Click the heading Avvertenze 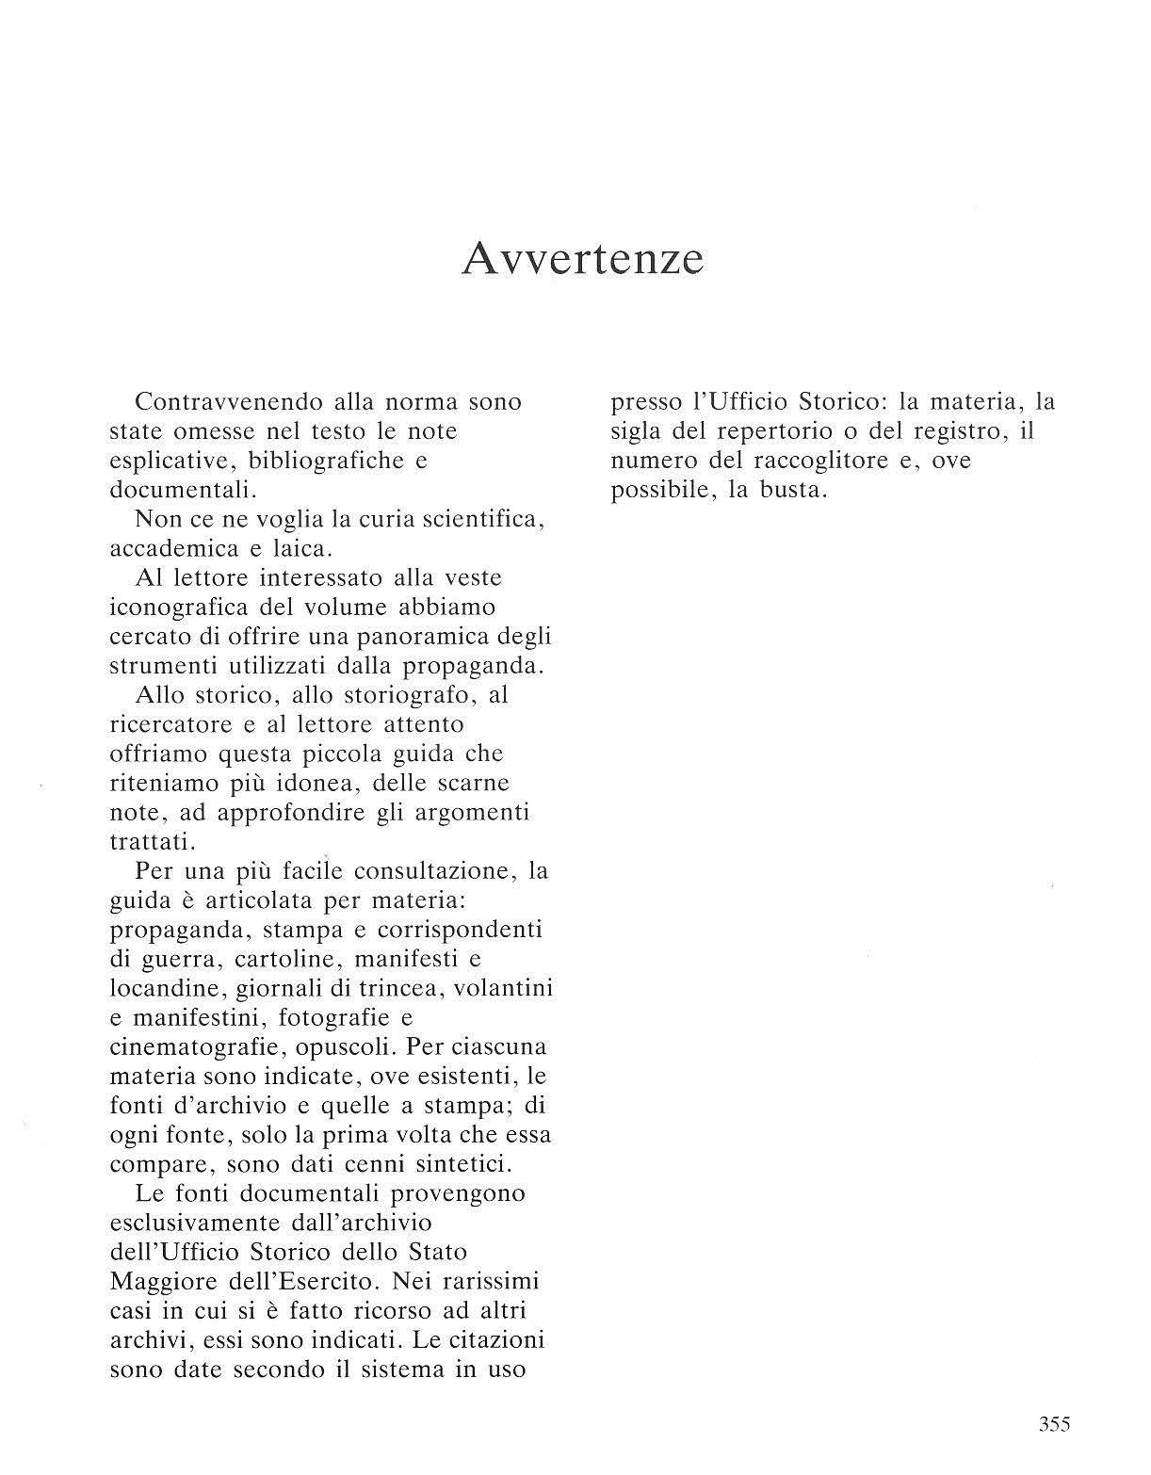583,258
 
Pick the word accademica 171,548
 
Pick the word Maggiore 166,1282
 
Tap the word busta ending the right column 790,491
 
